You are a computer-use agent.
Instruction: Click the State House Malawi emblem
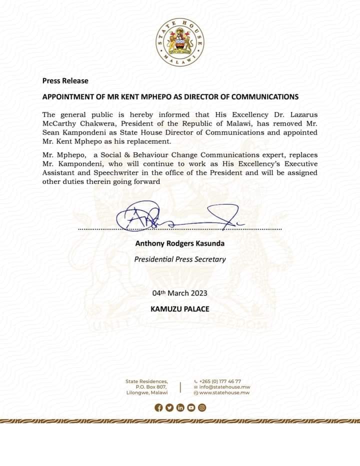(x=179, y=42)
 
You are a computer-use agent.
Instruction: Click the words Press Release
(x=65, y=80)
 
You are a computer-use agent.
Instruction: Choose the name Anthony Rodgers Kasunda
(x=179, y=243)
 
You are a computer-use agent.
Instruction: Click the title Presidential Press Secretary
(x=179, y=259)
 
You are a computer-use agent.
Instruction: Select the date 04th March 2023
(x=179, y=293)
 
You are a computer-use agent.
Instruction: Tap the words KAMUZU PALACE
(x=179, y=309)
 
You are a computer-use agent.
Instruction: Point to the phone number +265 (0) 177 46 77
(x=220, y=381)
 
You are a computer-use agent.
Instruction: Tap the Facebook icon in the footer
(x=159, y=407)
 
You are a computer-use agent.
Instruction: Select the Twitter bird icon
(x=169, y=407)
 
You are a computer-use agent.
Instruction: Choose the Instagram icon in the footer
(x=202, y=407)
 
